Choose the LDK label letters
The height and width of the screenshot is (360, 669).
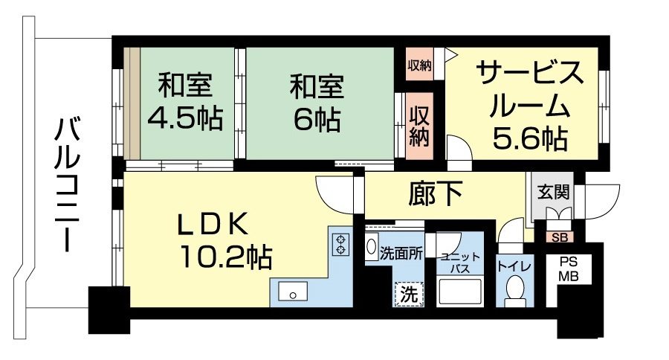click(216, 225)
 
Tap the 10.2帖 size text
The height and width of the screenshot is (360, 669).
click(223, 257)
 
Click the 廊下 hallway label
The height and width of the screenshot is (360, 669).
click(435, 195)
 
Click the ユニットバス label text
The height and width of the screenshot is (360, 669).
click(455, 262)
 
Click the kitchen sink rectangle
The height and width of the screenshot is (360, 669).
click(294, 291)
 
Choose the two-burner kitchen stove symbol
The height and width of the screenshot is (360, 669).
click(340, 244)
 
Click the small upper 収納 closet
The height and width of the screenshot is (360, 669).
click(419, 65)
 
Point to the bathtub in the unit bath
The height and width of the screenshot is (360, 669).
click(459, 292)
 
